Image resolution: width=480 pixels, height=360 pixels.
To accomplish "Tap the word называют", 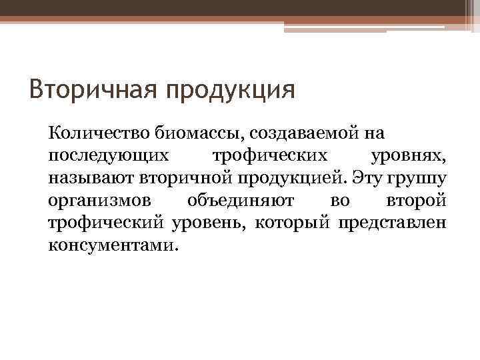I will click(91, 179).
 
